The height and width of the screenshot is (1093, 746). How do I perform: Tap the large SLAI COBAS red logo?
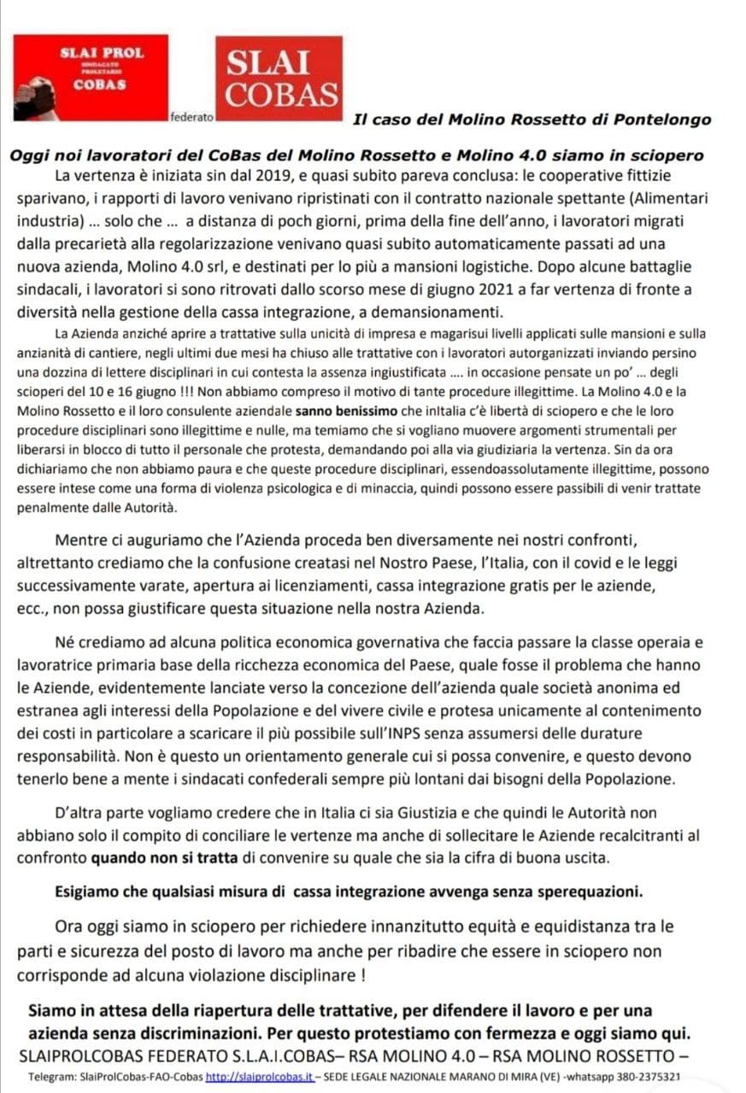tap(278, 79)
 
